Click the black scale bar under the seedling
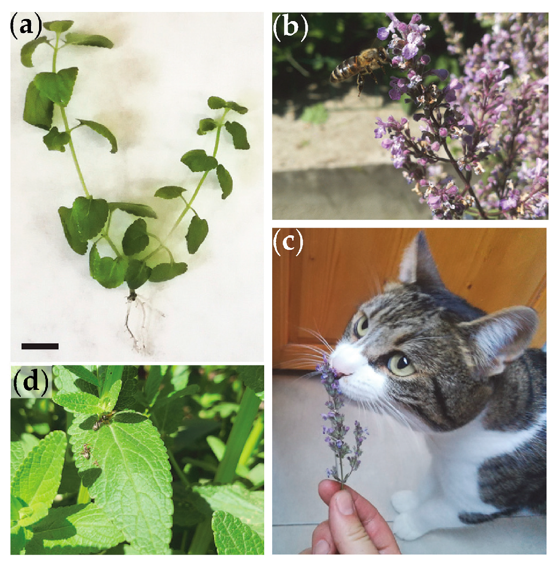point(40,346)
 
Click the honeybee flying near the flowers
point(360,67)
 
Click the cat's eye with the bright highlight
point(401,363)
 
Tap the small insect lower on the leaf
point(87,452)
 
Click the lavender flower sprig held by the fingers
point(338,423)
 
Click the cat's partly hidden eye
point(362,325)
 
